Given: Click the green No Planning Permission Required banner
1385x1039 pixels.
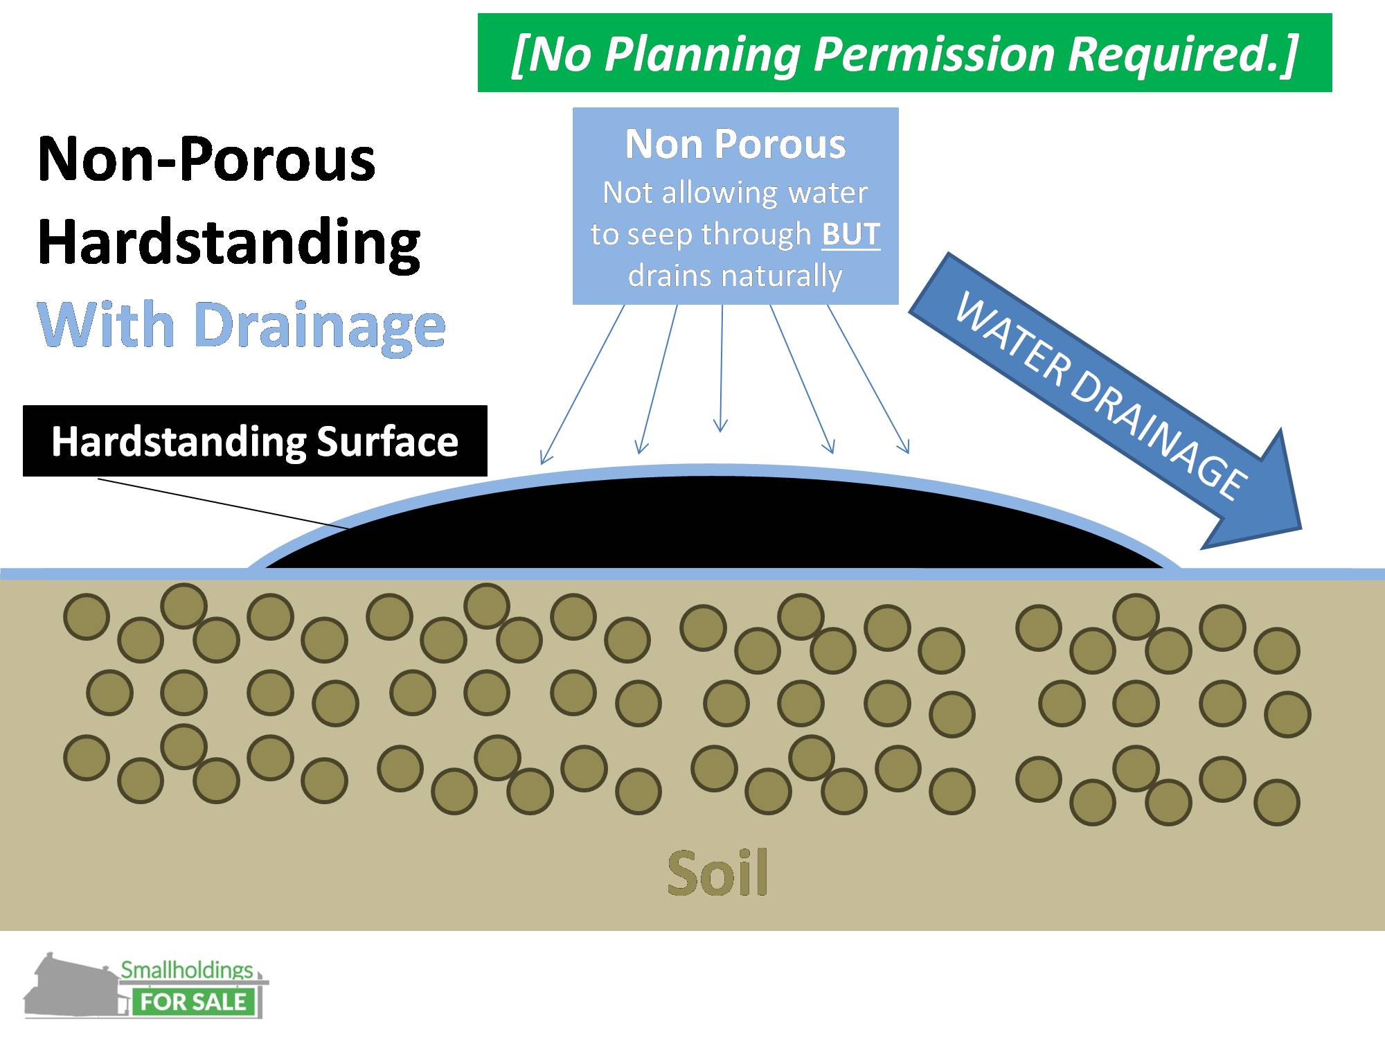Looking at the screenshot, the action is [904, 53].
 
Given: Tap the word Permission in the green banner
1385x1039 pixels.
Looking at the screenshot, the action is [935, 55].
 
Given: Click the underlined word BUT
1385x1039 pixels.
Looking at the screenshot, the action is [850, 234].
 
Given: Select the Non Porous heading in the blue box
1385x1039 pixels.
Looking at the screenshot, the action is [735, 144].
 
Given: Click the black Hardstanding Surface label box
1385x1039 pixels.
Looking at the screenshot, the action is [255, 441].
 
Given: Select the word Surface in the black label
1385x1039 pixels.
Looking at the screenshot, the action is [387, 442].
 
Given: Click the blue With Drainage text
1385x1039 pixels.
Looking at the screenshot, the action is [242, 325].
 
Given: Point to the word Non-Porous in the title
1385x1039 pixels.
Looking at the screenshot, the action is [206, 159].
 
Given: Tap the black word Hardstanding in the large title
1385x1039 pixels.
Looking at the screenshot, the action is [229, 242].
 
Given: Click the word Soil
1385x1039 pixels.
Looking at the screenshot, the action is [717, 873].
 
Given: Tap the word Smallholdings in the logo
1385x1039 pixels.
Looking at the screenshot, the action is [187, 970].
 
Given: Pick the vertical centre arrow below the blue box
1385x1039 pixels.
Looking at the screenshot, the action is [722, 368].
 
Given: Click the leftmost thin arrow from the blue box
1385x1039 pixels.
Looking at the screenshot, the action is [582, 384].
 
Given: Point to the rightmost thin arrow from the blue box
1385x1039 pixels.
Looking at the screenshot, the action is [868, 380].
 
